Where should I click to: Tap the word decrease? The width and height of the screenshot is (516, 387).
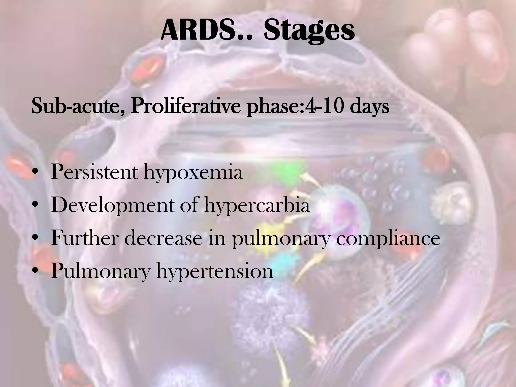pyautogui.click(x=163, y=238)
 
